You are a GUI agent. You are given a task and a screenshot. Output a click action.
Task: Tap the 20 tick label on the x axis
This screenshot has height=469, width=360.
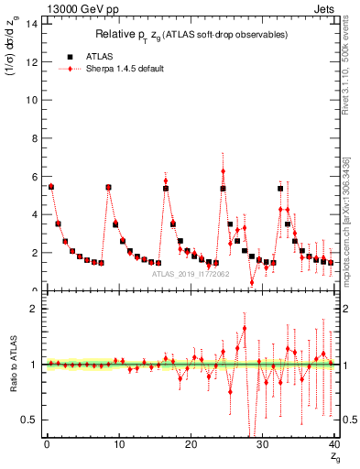tap(191, 444)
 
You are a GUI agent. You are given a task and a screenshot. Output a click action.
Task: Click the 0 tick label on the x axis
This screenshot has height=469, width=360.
tap(47, 444)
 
